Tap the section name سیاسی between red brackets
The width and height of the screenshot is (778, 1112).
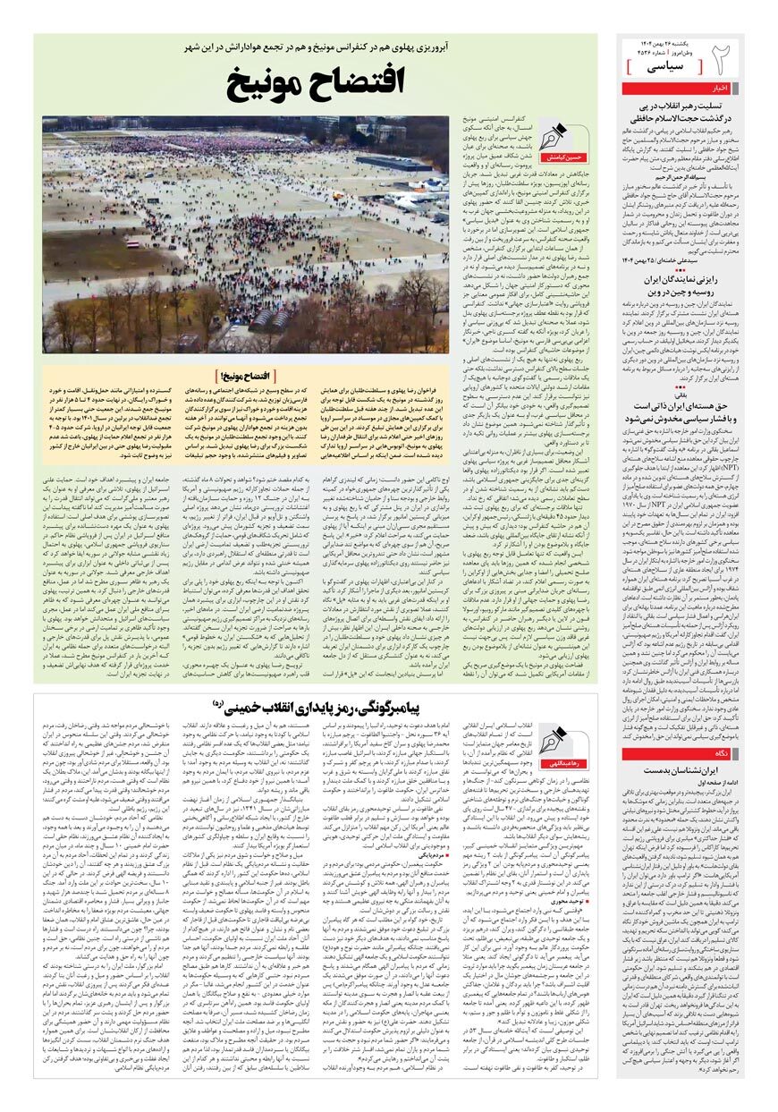pos(668,66)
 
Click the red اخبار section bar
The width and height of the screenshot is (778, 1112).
pos(723,89)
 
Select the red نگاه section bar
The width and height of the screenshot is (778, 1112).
pos(724,754)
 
